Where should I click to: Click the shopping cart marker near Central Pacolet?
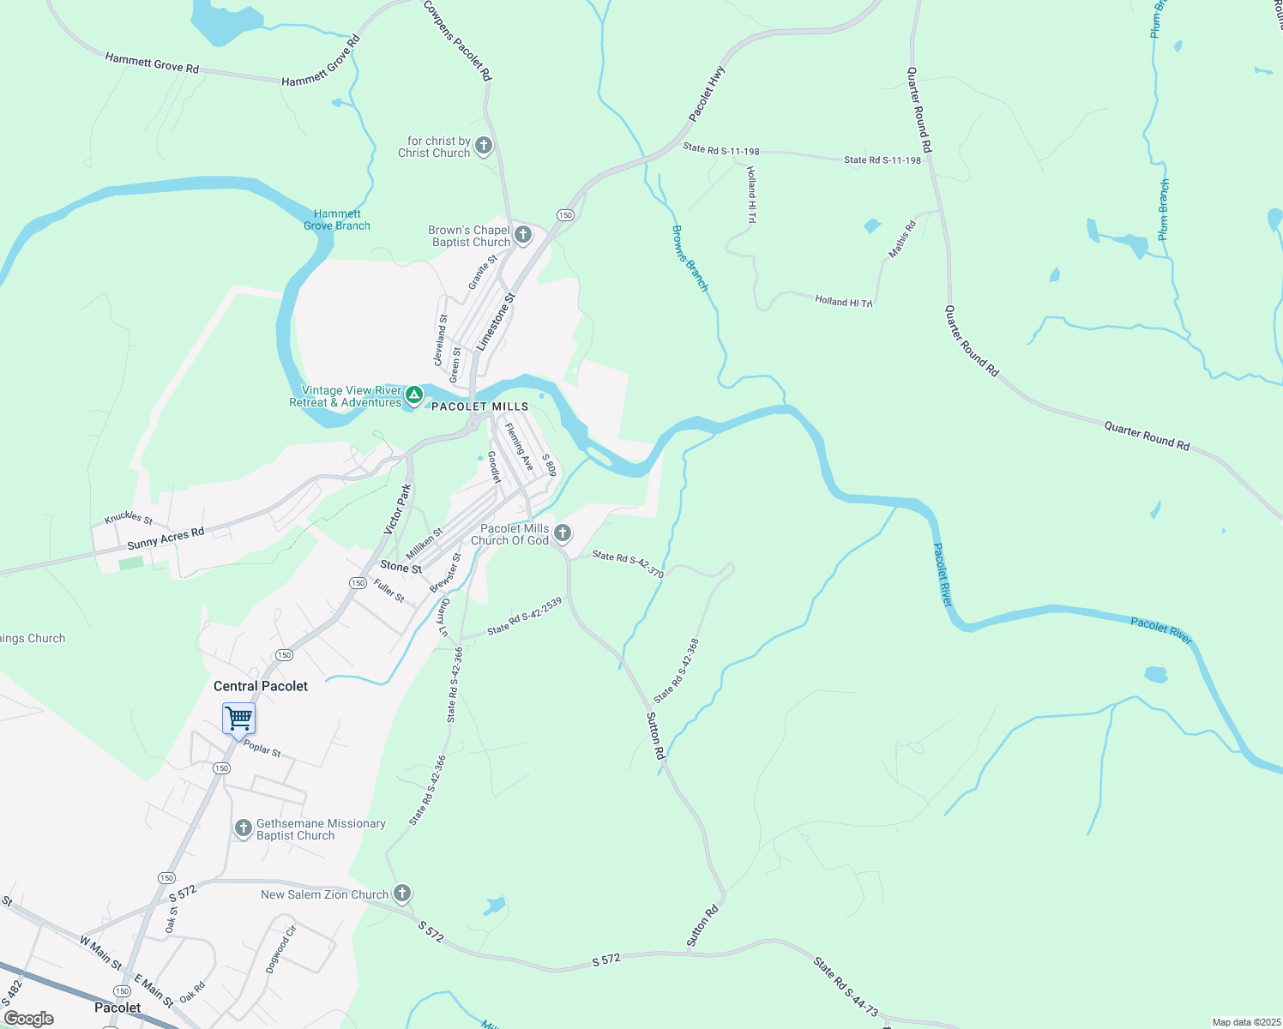coord(239,719)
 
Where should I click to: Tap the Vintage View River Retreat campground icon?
coord(414,395)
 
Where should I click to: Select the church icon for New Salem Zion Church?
coord(401,894)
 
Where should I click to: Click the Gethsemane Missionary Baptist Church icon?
coord(244,828)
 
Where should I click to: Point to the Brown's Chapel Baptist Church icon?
coord(523,235)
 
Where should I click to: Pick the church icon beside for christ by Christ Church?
coord(484,146)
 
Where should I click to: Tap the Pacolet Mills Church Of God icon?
coord(562,533)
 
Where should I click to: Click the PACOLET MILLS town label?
coord(480,406)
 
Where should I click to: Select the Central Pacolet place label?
coord(261,686)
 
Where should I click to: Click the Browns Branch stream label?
coord(690,258)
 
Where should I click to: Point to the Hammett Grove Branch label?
coord(337,220)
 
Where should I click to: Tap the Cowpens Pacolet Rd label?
coord(459,40)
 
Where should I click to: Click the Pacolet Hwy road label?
coord(707,93)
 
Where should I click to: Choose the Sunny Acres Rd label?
coord(166,539)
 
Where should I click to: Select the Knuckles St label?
coord(129,518)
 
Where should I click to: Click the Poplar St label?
coord(262,749)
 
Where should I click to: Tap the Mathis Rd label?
coord(902,239)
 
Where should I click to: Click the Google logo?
coord(29,1019)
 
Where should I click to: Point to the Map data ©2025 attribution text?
coord(1245,1022)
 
